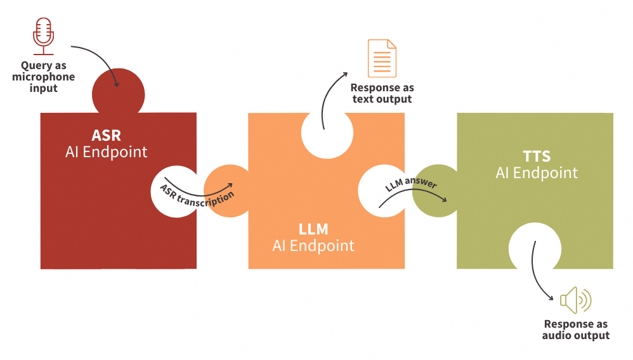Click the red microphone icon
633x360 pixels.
point(44,37)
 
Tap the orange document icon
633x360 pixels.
point(382,58)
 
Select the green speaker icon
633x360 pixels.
point(575,300)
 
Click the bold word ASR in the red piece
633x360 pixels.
point(106,136)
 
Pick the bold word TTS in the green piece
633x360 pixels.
point(537,156)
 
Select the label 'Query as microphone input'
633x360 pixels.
point(44,77)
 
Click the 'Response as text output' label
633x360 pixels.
point(382,93)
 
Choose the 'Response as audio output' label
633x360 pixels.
point(575,330)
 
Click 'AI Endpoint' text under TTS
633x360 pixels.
point(537,172)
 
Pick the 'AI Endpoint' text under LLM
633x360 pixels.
point(313,245)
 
